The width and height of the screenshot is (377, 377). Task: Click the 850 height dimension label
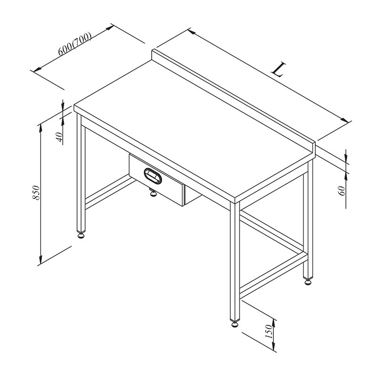[x=36, y=192]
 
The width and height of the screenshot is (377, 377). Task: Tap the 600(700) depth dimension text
[x=75, y=43]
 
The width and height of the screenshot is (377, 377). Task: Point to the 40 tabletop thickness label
[x=60, y=137]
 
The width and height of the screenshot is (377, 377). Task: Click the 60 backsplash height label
[x=342, y=191]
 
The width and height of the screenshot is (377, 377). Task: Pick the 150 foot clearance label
[x=269, y=331]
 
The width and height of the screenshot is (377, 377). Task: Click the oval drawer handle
[x=153, y=176]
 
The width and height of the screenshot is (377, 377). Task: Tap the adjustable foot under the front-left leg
[x=81, y=235]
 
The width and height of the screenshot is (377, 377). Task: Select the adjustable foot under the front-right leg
[x=235, y=323]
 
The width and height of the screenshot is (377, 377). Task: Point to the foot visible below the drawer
[x=153, y=192]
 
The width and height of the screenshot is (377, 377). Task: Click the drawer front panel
[x=156, y=180]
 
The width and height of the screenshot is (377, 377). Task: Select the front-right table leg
[x=235, y=261]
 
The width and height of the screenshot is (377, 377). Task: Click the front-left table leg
[x=81, y=172]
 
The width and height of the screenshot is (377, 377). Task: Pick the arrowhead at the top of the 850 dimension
[x=41, y=128]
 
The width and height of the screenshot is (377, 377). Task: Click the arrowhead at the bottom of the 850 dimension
[x=41, y=260]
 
